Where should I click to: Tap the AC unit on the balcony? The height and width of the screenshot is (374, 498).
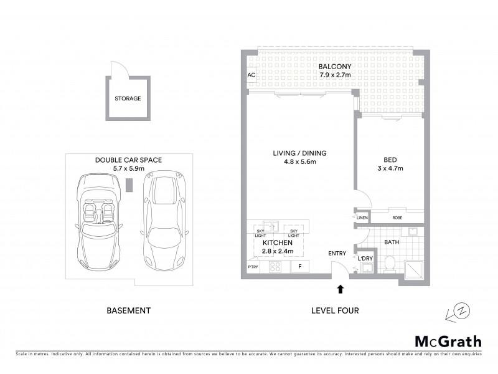point(251,75)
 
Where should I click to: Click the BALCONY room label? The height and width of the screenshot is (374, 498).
point(332,67)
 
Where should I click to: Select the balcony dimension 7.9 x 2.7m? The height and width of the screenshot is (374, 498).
point(332,75)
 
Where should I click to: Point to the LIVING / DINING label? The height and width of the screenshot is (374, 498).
point(299,153)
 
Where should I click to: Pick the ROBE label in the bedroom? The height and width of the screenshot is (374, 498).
point(397,218)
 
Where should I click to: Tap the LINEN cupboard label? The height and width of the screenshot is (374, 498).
point(363,218)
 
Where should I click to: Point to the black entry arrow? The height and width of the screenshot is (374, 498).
point(340,289)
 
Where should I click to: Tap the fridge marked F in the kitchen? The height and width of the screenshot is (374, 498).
point(300,267)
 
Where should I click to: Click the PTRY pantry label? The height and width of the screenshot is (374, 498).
point(253,267)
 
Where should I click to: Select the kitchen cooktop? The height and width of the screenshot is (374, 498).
point(273,267)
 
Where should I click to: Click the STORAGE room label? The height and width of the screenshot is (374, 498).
point(127,98)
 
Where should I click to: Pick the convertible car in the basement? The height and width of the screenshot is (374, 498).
point(100,221)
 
